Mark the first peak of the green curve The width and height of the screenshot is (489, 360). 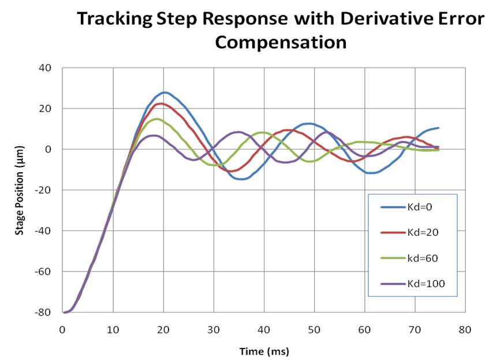tap(156, 119)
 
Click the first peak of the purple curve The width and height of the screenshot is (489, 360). tap(154, 136)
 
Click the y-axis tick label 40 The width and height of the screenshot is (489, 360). tap(46, 68)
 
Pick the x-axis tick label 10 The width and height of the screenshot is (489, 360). tap(113, 330)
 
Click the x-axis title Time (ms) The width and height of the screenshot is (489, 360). tap(263, 351)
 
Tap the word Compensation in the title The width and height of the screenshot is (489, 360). tap(280, 42)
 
